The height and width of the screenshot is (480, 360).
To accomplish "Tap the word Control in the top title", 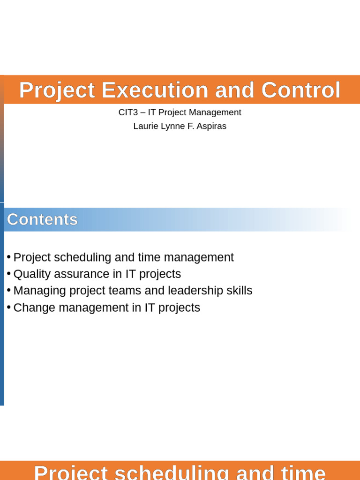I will pyautogui.click(x=301, y=90).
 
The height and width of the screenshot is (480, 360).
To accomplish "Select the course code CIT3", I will pyautogui.click(x=128, y=112).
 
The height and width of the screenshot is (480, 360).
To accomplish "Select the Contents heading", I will pyautogui.click(x=42, y=219).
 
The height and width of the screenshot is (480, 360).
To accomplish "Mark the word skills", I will pyautogui.click(x=239, y=291).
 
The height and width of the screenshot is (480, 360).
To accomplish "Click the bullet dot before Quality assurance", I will pyautogui.click(x=8, y=274).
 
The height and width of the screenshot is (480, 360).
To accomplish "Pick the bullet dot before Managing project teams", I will pyautogui.click(x=8, y=291).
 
